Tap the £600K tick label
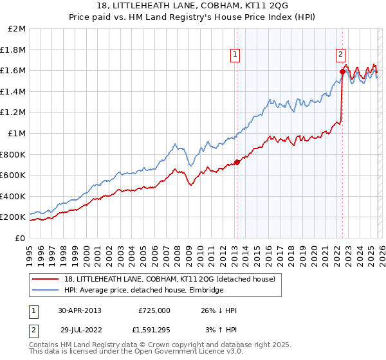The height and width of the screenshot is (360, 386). tap(13, 175)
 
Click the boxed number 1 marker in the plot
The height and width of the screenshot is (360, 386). tap(236, 55)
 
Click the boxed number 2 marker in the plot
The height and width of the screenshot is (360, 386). tap(341, 55)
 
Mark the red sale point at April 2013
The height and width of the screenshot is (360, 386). tap(237, 162)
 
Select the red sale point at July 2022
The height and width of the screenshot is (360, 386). tap(342, 71)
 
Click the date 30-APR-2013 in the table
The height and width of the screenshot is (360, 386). tap(80, 310)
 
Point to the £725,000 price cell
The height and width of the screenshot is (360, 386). tap(154, 310)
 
